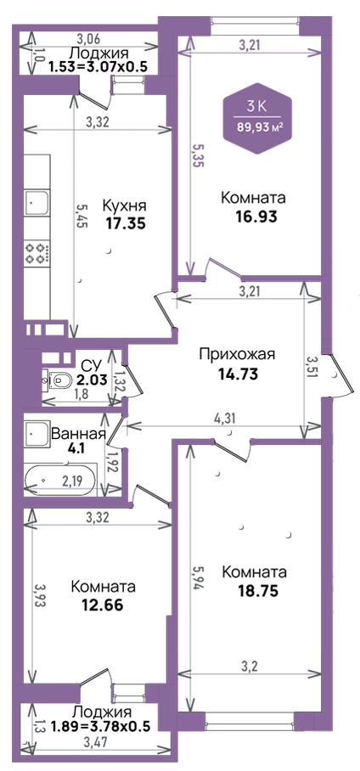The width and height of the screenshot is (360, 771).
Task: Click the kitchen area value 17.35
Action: (x=126, y=223)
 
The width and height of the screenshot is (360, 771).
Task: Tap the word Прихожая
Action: (x=237, y=354)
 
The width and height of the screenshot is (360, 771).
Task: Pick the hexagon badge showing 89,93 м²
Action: (x=258, y=119)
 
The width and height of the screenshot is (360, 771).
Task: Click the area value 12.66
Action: (x=104, y=605)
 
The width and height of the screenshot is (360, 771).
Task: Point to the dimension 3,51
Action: (x=310, y=367)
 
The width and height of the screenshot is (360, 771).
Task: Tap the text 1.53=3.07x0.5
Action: (x=98, y=66)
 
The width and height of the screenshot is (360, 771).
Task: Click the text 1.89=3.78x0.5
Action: (x=100, y=726)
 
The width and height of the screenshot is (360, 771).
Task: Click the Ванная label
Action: (x=79, y=434)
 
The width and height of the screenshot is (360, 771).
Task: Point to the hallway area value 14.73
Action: (x=238, y=374)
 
